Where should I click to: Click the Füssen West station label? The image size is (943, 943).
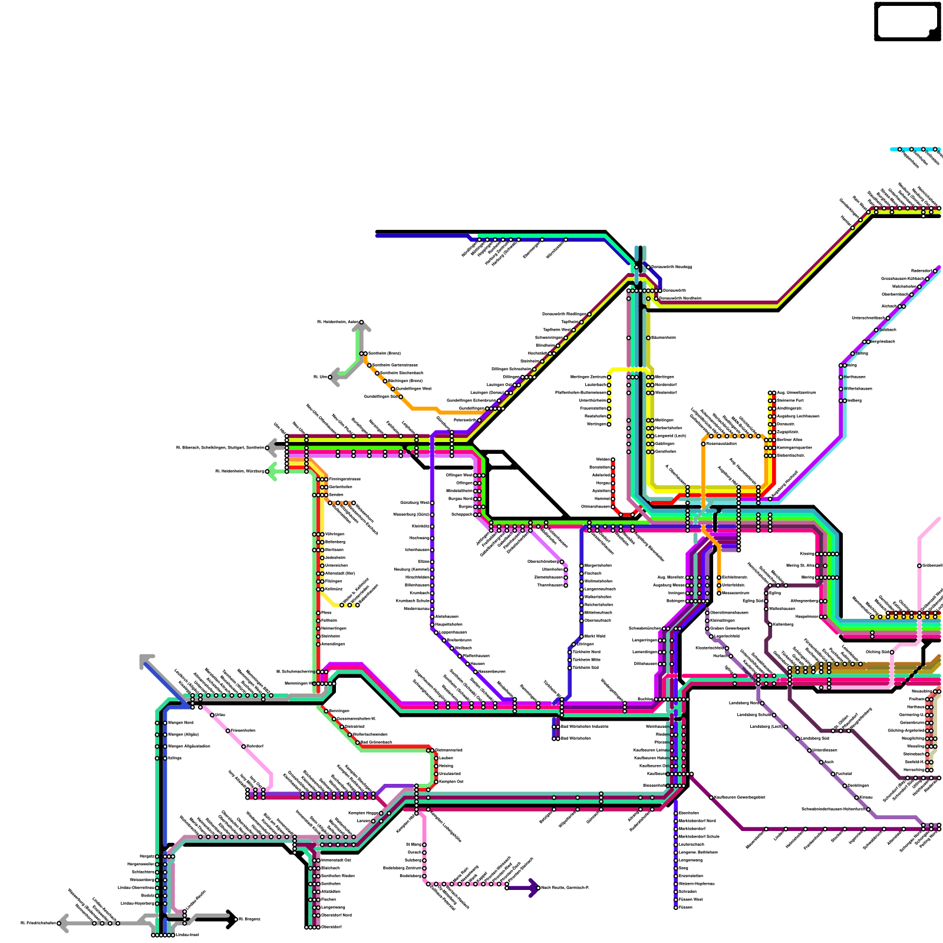pos(691,899)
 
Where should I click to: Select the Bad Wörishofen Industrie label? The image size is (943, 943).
pos(584,727)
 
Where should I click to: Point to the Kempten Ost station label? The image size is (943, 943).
pos(451,782)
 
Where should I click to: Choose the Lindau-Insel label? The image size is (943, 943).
pos(187,935)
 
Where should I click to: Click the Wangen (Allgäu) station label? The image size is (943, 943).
pos(183,734)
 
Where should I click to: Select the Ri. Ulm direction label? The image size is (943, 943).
pos(320,377)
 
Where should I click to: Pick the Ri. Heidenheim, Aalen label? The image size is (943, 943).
pos(338,322)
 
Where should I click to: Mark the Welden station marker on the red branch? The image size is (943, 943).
pos(613,460)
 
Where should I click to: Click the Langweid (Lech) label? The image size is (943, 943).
pos(671,436)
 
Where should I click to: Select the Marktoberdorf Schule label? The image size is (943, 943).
pos(699,836)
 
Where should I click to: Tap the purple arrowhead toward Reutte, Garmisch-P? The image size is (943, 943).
pos(534,888)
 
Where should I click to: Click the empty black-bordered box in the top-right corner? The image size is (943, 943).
pos(907,21)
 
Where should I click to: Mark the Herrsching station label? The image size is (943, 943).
pos(914,770)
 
